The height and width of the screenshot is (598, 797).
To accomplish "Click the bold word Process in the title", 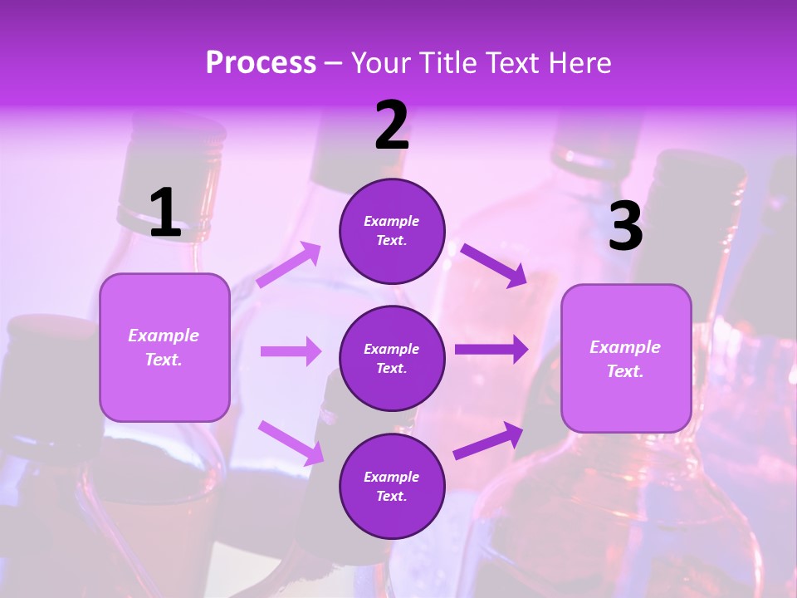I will click(x=261, y=63).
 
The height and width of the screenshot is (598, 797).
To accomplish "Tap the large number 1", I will click(x=165, y=213).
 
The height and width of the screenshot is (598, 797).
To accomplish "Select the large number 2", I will click(x=392, y=125).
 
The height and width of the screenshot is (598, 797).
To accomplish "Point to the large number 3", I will click(x=625, y=226).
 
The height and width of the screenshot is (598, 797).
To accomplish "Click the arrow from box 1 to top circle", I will click(x=288, y=265).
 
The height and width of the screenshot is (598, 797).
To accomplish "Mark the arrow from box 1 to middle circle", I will click(x=291, y=351).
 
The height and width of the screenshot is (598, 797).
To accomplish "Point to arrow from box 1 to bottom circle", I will click(x=291, y=443).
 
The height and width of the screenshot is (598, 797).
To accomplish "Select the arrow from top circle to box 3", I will click(x=494, y=265).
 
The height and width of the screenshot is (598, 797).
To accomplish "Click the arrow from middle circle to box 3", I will click(x=491, y=350).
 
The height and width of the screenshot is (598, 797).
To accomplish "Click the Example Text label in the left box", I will click(x=164, y=347).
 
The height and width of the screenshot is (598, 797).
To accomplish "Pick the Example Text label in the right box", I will click(x=625, y=359).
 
